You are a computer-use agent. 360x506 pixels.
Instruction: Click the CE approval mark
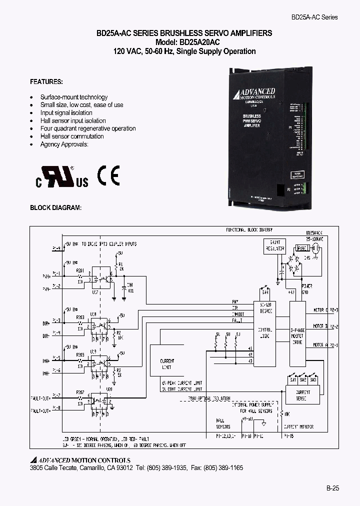[x=108, y=175]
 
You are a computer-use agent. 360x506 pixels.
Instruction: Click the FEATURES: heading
[x=46, y=81]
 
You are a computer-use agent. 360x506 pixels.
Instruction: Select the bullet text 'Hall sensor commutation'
[x=72, y=136]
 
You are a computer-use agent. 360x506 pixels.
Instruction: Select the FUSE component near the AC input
[x=301, y=248]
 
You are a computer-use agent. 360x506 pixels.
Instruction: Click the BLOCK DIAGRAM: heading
[x=55, y=207]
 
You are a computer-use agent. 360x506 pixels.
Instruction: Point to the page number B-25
[x=332, y=488]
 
